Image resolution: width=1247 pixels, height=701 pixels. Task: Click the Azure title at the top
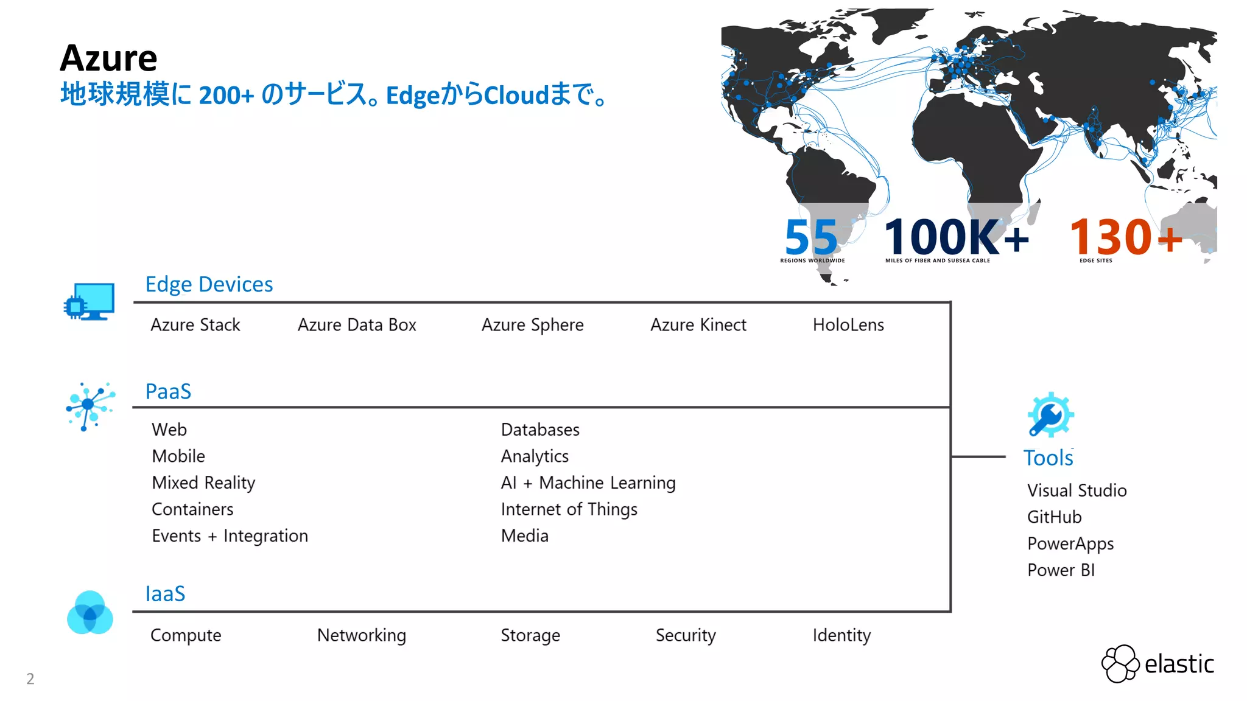[x=108, y=58]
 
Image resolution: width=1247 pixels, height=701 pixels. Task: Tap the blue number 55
[x=811, y=237]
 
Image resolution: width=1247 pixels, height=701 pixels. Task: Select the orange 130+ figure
[x=1125, y=237]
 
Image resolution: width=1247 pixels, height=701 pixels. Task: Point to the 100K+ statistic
[x=956, y=237]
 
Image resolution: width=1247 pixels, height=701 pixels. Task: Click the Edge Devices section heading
[x=209, y=284]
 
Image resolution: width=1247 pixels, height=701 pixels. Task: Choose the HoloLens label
[x=848, y=325]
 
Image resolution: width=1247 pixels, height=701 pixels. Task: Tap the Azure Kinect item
[x=698, y=325]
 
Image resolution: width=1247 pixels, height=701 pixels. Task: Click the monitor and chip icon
[x=90, y=301]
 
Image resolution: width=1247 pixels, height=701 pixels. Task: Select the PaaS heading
[x=168, y=391]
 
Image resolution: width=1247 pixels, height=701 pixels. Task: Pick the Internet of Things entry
[x=569, y=509]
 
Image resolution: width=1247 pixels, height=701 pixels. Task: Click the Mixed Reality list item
[x=203, y=483]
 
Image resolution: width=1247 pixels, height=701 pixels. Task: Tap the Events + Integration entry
[x=230, y=536]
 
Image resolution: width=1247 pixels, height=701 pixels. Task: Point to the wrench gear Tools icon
[x=1050, y=415]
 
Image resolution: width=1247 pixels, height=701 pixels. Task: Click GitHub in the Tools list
[x=1054, y=517]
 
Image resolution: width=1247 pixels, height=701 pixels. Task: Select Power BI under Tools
[x=1061, y=570]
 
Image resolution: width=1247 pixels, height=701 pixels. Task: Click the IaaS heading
[x=165, y=594]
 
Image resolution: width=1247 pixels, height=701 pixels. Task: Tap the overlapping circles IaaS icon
[x=90, y=613]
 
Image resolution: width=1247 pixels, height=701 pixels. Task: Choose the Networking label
[x=361, y=635]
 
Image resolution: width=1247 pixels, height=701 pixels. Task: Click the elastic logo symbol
[x=1120, y=663]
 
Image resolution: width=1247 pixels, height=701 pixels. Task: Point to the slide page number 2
[x=30, y=678]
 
